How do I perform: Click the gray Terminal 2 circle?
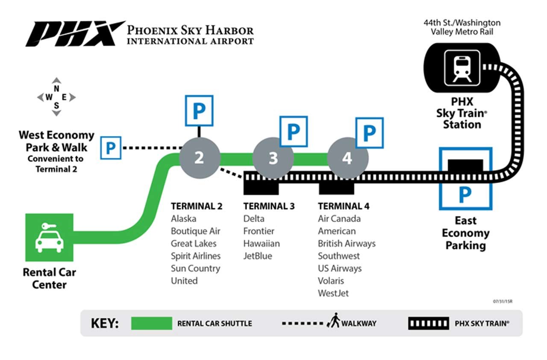pyautogui.click(x=199, y=158)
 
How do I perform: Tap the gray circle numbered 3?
pyautogui.click(x=273, y=158)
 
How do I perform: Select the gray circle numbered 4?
pyautogui.click(x=347, y=158)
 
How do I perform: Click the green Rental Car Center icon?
pyautogui.click(x=49, y=237)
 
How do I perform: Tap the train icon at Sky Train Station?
pyautogui.click(x=462, y=68)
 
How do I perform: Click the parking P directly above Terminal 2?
pyautogui.click(x=199, y=111)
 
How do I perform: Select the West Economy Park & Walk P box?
pyautogui.click(x=111, y=148)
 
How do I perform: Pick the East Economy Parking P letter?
pyautogui.click(x=465, y=195)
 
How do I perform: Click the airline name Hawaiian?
pyautogui.click(x=262, y=244)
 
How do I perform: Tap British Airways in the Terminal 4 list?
pyautogui.click(x=347, y=244)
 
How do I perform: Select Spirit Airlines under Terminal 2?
pyautogui.click(x=196, y=256)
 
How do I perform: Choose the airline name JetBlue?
pyautogui.click(x=258, y=256)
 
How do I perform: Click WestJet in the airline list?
pyautogui.click(x=333, y=293)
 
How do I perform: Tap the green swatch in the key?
pyautogui.click(x=151, y=323)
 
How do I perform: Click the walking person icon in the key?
pyautogui.click(x=333, y=321)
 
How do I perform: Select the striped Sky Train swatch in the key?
pyautogui.click(x=428, y=323)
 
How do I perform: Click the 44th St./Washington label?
pyautogui.click(x=462, y=23)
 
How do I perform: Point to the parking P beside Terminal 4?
pyautogui.click(x=369, y=133)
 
